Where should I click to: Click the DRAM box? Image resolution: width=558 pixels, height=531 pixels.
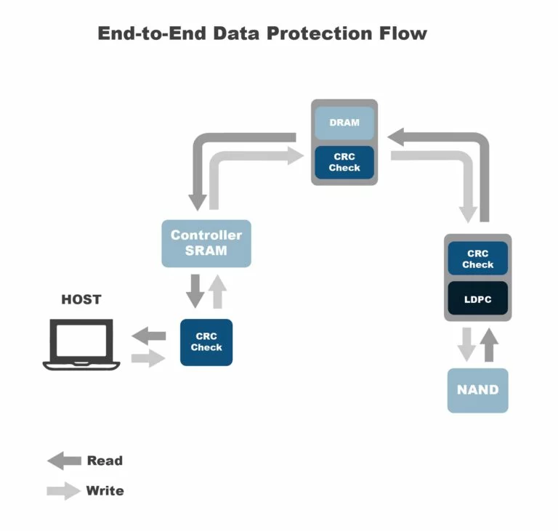click(344, 123)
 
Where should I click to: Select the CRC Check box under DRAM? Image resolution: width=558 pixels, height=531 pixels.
click(344, 162)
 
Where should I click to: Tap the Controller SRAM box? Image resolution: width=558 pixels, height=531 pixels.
click(206, 243)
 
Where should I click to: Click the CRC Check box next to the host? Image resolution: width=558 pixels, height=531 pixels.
click(206, 341)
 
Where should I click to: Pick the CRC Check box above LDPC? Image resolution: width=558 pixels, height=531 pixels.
click(477, 259)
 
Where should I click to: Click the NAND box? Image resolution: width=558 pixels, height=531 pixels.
click(477, 390)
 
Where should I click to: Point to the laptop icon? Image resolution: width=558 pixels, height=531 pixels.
click(81, 344)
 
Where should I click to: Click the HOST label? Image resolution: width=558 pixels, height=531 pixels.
click(81, 299)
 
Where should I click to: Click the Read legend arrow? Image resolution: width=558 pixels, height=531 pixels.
click(64, 461)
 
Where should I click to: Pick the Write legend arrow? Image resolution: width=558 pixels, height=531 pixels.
click(64, 491)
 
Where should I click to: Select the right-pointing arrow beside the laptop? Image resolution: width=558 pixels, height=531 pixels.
click(149, 358)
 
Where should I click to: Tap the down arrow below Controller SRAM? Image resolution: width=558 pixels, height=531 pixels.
click(195, 291)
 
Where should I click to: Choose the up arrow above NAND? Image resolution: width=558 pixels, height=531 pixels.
click(490, 344)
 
